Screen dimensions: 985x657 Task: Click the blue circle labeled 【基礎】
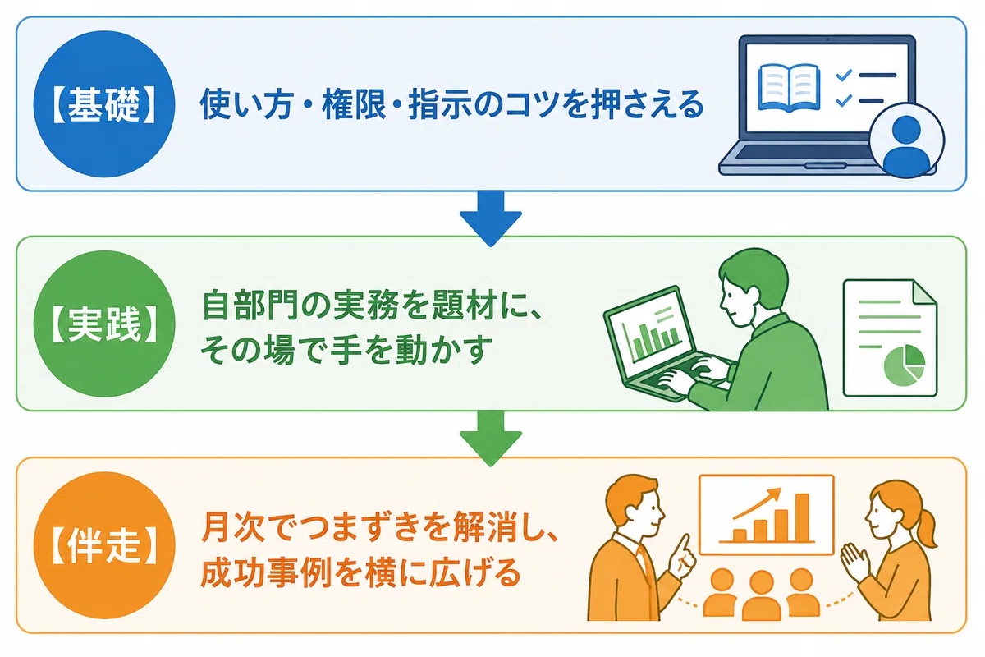click(x=104, y=104)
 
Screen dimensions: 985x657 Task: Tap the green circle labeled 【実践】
click(x=104, y=324)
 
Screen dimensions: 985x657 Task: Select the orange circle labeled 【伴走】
click(x=104, y=545)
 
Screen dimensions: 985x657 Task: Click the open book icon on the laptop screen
click(x=790, y=88)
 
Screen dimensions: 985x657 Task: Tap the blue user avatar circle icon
click(x=907, y=140)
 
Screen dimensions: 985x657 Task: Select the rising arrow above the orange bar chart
click(x=757, y=503)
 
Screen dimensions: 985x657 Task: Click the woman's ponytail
click(x=923, y=531)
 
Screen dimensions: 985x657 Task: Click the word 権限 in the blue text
click(x=354, y=104)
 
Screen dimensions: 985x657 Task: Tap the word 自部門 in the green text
click(x=251, y=305)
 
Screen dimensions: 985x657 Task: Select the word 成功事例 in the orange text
click(x=266, y=572)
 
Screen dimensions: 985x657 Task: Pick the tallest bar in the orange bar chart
click(x=803, y=517)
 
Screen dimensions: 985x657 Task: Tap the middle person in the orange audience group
click(x=761, y=595)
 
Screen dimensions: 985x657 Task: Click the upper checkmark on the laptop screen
click(x=844, y=76)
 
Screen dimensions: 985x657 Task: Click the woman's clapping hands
click(x=855, y=563)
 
